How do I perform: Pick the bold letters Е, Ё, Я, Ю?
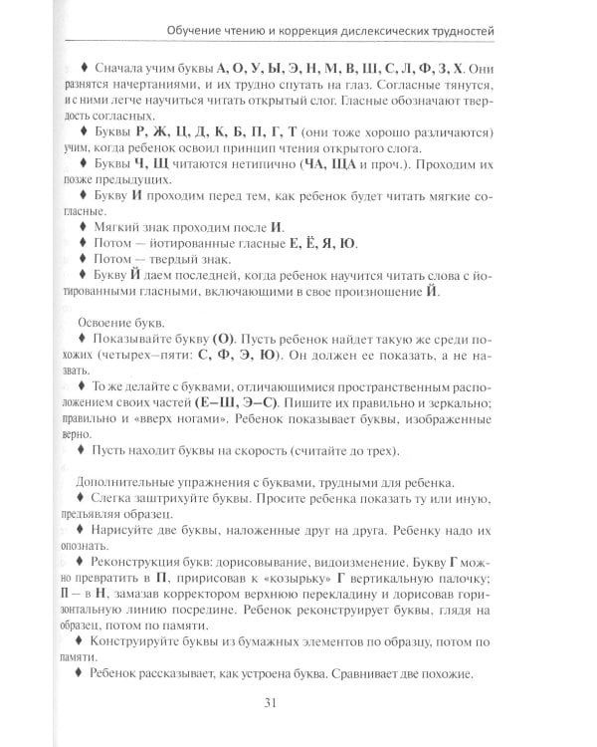pyautogui.click(x=312, y=244)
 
